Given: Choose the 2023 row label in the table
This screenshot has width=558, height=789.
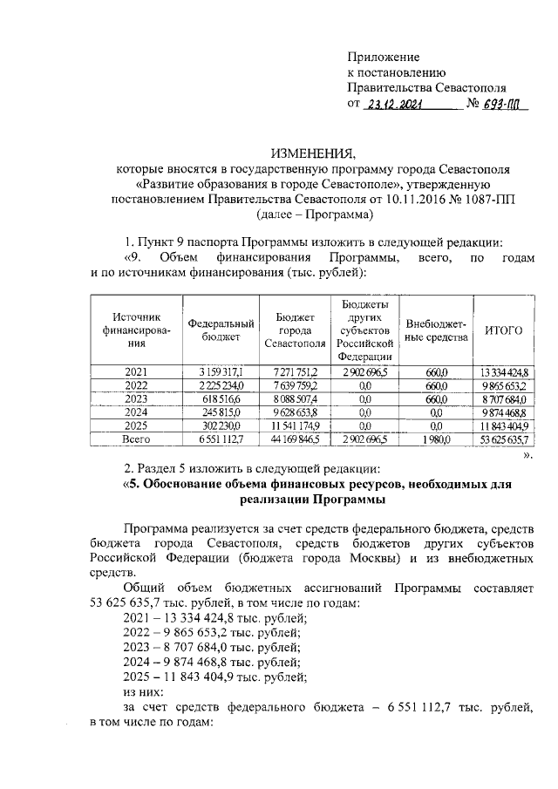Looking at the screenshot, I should point(136,398).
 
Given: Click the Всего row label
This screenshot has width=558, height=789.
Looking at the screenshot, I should point(136,440).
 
